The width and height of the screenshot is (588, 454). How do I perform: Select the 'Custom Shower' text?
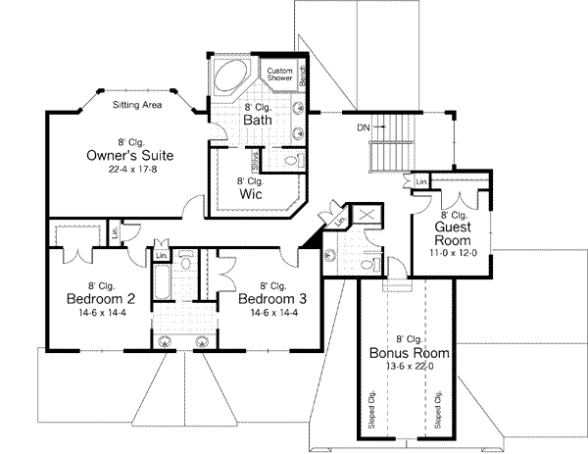point(282,75)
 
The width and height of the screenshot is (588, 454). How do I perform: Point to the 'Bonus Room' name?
point(410,352)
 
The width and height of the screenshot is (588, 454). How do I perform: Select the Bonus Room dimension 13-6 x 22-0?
point(410,365)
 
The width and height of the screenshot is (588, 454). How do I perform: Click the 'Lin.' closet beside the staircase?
point(420,182)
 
